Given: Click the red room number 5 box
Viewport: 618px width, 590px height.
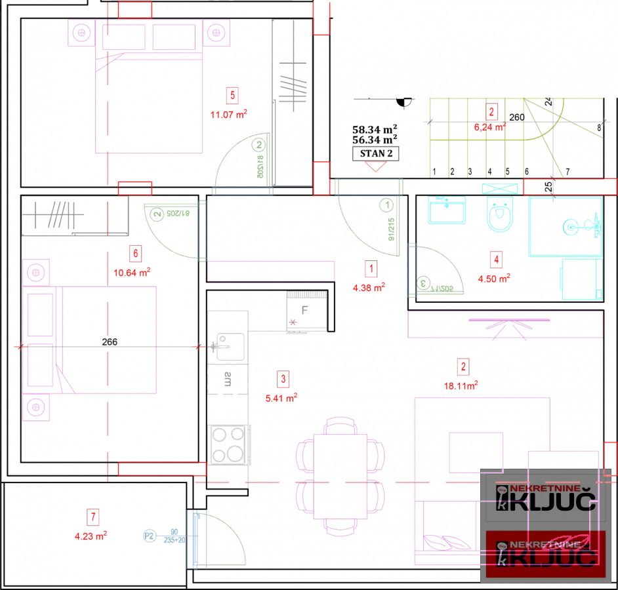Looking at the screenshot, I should (x=232, y=95).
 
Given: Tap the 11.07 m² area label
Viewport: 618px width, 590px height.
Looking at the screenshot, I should (x=228, y=115).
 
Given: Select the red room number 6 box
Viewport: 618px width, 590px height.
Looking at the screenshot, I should (x=134, y=252).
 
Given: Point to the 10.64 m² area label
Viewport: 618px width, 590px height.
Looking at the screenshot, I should (x=132, y=271).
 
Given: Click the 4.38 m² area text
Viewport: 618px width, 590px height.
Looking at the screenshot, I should (x=369, y=286).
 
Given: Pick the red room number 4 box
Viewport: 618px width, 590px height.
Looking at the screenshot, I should (x=497, y=260).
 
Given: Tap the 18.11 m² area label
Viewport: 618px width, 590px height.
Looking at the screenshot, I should (x=461, y=385).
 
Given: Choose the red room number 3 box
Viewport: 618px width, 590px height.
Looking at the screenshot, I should (x=283, y=378).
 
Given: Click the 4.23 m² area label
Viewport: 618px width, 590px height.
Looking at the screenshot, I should (x=91, y=536).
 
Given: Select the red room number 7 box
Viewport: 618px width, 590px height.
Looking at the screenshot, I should (x=94, y=517).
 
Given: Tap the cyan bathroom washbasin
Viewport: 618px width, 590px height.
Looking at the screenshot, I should (x=447, y=210).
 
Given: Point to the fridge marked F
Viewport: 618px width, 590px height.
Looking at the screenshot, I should (x=306, y=311).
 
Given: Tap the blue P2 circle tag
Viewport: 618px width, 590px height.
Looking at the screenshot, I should (x=150, y=536).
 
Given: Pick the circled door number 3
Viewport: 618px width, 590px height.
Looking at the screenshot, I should (x=424, y=284).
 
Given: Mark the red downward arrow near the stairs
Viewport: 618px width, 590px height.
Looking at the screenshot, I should (x=375, y=167).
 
